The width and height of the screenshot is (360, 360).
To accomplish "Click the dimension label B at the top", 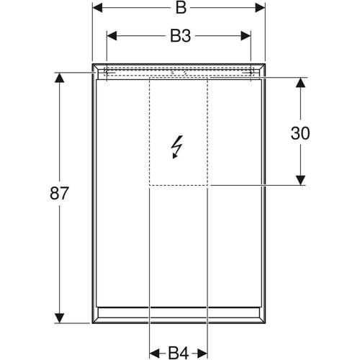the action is (x=181, y=8).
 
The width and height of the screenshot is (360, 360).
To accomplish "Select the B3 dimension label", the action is (x=181, y=36).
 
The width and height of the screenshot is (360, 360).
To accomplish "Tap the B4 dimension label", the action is (x=179, y=353).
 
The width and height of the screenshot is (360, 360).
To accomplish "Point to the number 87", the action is (x=59, y=194).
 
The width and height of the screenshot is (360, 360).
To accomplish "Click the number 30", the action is (x=300, y=133).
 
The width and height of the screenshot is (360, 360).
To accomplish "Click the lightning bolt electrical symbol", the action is (x=176, y=147).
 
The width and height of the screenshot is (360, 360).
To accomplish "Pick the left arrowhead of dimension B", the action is (x=97, y=8).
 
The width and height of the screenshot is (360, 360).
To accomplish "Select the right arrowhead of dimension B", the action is (x=260, y=8).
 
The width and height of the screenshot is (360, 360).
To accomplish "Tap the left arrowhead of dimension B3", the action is (x=112, y=36).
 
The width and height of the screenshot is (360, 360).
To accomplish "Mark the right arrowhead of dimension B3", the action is (x=246, y=36).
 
